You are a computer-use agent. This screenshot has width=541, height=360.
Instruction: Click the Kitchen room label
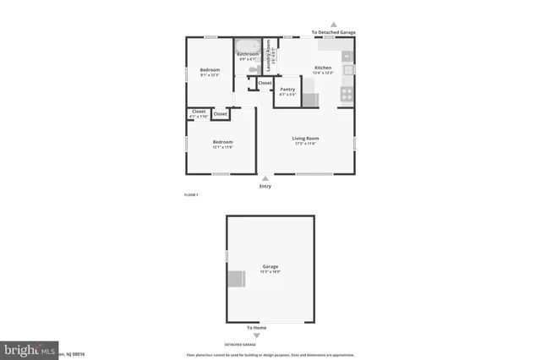pyautogui.click(x=323, y=68)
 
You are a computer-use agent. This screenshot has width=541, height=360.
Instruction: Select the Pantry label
pyautogui.click(x=287, y=90)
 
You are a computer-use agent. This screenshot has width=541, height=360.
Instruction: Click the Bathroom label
pyautogui.click(x=248, y=55)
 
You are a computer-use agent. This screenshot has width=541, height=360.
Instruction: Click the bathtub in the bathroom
pyautogui.click(x=248, y=46)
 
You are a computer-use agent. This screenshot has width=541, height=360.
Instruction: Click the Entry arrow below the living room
pyautogui.click(x=265, y=178)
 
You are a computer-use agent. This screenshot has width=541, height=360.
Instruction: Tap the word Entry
pyautogui.click(x=265, y=186)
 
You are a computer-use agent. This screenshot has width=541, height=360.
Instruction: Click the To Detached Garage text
pyautogui.click(x=333, y=32)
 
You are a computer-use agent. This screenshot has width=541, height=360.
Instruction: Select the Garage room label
pyautogui.click(x=270, y=266)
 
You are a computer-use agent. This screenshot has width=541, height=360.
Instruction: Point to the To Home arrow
pyautogui.click(x=257, y=335)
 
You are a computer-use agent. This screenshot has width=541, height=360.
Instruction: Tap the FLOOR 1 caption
pyautogui.click(x=191, y=195)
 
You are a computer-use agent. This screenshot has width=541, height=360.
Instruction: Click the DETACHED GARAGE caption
pyautogui.click(x=240, y=345)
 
